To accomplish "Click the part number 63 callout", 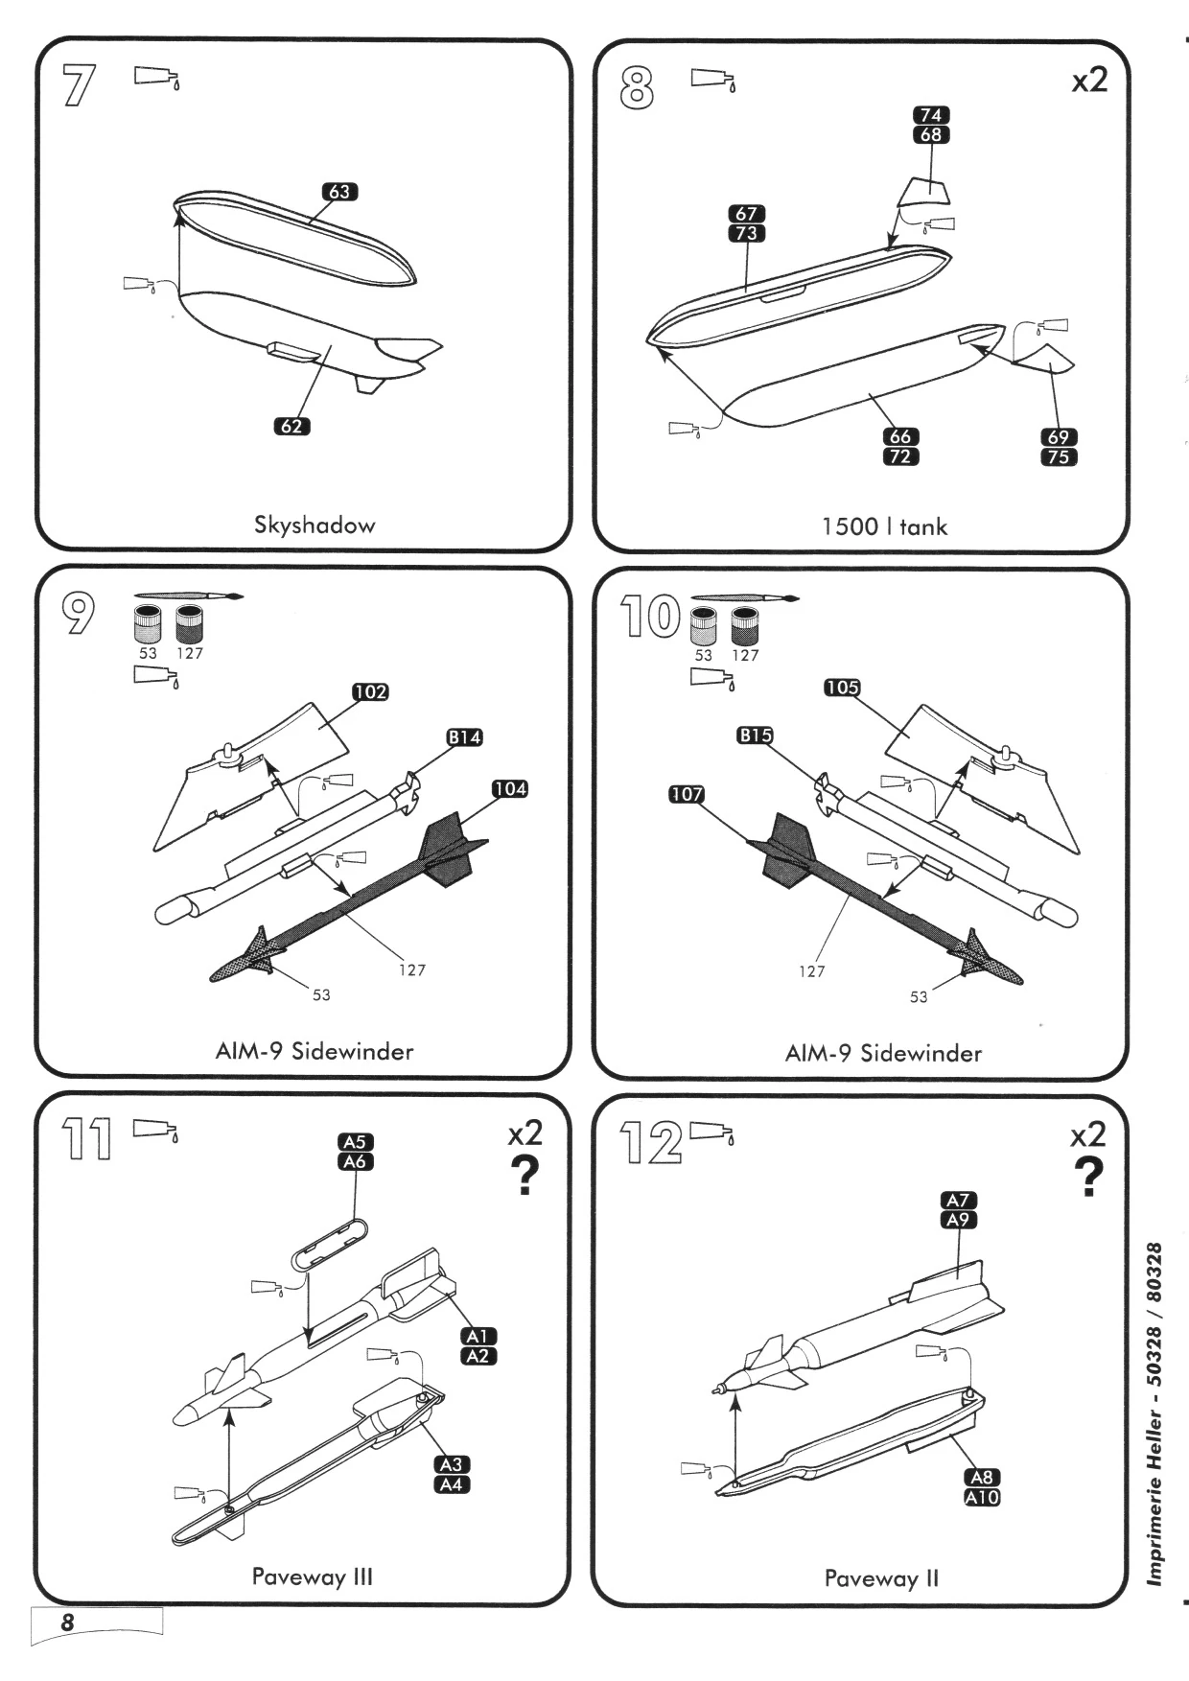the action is click(x=339, y=192).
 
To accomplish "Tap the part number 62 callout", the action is click(x=291, y=426).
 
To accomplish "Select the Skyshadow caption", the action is click(x=315, y=525).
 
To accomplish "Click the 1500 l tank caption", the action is click(x=884, y=526).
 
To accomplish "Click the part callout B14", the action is click(x=464, y=737).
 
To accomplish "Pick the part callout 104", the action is click(x=510, y=788).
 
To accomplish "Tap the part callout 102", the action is click(x=370, y=691).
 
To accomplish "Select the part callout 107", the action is click(x=687, y=794).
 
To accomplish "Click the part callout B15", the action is click(x=755, y=735).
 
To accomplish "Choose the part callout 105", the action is click(x=842, y=688).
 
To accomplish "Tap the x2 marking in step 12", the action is click(x=1087, y=1135).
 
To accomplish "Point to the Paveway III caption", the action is click(x=312, y=1576).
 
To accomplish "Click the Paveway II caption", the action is click(x=881, y=1578).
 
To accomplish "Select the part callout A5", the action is click(x=355, y=1141).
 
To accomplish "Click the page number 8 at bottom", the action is click(x=67, y=1623).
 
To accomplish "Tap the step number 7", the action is click(x=79, y=87).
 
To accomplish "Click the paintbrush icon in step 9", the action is click(x=189, y=596).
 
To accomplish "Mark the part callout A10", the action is click(x=982, y=1498).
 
